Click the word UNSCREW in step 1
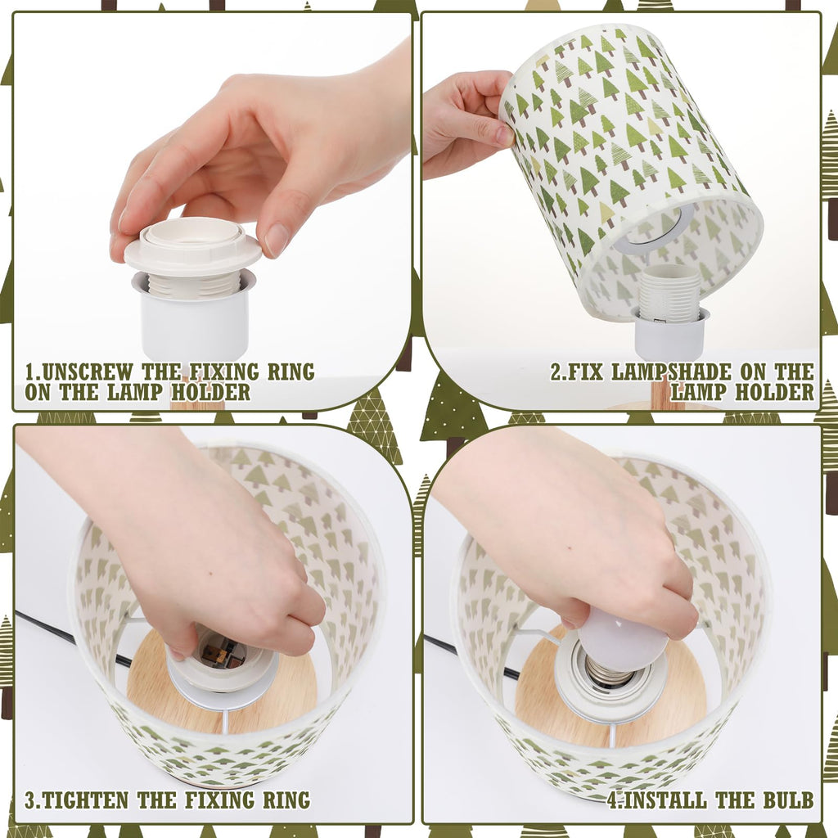[x=87, y=372]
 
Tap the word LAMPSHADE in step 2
[x=671, y=372]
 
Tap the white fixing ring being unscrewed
[x=193, y=245]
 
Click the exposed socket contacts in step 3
[x=219, y=652]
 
